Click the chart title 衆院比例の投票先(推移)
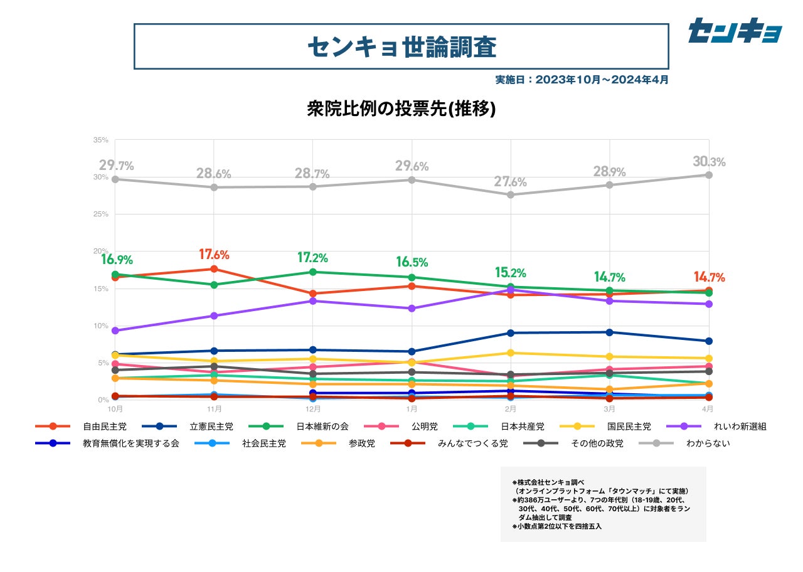[401, 109]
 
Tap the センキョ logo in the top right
[735, 31]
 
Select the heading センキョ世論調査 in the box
[401, 46]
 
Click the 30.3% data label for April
[709, 162]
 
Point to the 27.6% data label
[511, 182]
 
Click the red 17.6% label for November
[214, 255]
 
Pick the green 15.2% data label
[510, 273]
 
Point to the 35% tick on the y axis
[100, 140]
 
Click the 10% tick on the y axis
[100, 326]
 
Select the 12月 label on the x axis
[312, 408]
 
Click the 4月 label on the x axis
[708, 408]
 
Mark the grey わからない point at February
[511, 194]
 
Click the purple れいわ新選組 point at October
[115, 331]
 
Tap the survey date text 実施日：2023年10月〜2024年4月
[582, 80]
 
